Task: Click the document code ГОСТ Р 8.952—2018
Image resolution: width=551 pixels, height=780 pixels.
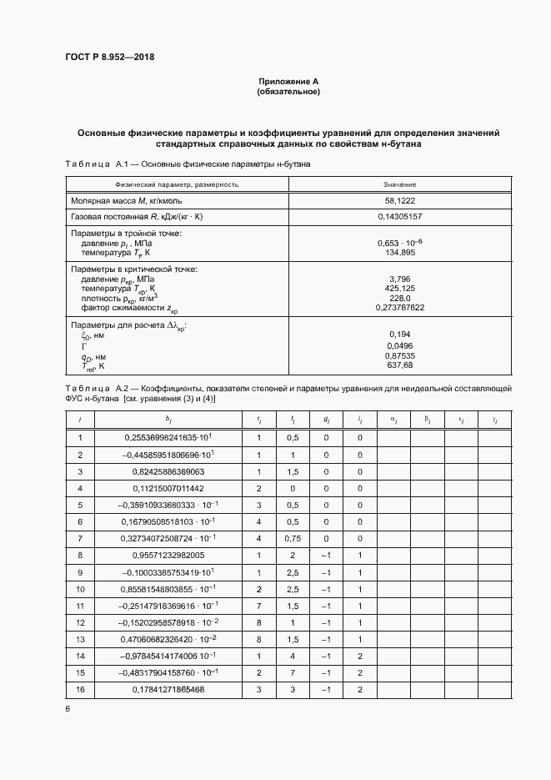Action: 109,58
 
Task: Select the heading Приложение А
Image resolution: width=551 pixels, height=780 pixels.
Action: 288,82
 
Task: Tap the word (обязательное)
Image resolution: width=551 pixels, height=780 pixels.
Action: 288,92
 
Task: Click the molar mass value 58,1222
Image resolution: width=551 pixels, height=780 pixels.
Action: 400,201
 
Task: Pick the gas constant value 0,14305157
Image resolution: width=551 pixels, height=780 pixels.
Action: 400,216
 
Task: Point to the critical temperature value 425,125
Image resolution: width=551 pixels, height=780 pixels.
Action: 400,289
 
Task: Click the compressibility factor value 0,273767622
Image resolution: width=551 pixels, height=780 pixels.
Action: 400,308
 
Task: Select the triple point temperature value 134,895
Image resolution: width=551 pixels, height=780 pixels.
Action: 400,252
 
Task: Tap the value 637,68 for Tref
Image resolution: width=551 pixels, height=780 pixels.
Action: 400,365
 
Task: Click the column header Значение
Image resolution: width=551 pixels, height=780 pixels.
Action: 400,184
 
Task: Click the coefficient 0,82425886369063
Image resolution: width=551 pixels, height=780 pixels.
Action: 168,471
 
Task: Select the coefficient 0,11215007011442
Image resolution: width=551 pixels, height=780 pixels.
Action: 168,488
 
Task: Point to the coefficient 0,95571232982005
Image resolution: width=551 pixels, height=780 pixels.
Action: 168,555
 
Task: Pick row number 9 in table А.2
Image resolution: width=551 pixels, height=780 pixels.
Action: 80,571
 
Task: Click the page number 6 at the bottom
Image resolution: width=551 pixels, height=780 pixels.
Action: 67,709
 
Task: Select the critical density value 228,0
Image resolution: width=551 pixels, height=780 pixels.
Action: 400,299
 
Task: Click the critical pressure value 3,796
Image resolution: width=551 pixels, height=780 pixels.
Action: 400,280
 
